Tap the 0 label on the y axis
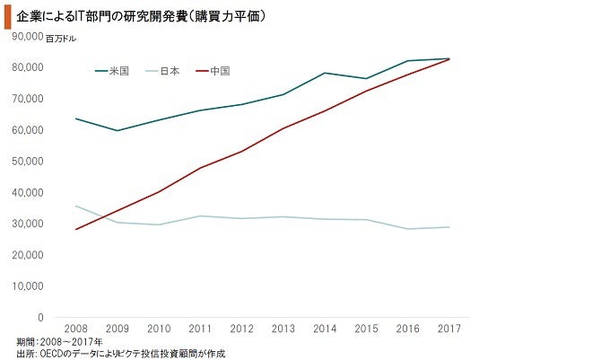point(40,317)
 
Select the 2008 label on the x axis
point(76,329)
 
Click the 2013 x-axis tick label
point(283,329)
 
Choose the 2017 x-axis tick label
point(449,329)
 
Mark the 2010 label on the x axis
point(159,329)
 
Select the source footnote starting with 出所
point(121,354)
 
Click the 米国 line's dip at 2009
point(118,130)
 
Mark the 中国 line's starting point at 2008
point(76,229)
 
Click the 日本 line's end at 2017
point(449,227)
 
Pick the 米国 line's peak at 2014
point(324,73)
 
